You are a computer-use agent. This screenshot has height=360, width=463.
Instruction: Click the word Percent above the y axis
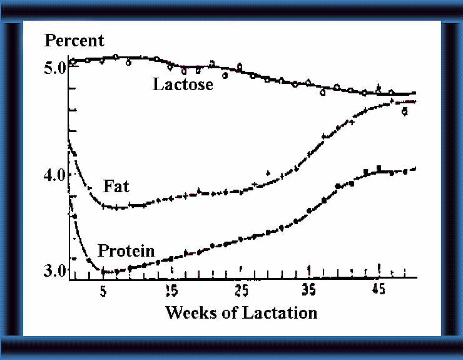[74, 41]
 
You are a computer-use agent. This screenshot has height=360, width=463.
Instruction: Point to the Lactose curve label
[183, 84]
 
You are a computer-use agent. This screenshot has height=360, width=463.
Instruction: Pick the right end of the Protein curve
[416, 168]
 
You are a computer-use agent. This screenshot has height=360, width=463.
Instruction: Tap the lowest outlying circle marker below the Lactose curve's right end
[405, 111]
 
